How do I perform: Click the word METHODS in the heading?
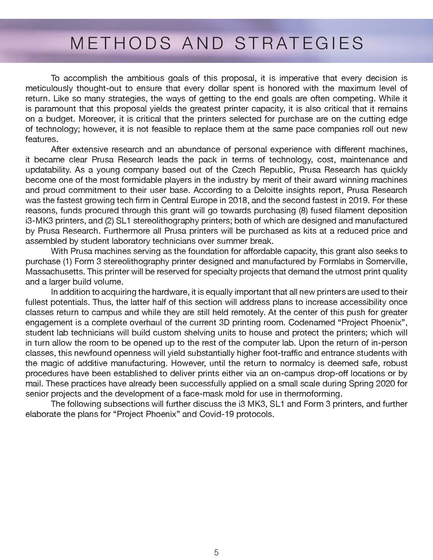tap(121, 43)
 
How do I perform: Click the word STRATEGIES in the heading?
tap(299, 43)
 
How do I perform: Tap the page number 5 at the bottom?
tap(216, 550)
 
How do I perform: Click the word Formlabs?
tap(336, 261)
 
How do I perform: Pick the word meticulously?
tap(49, 89)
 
